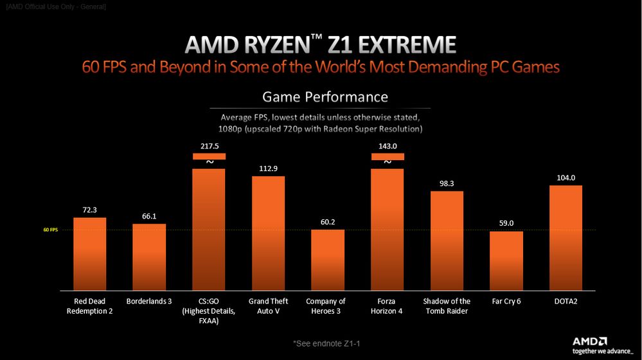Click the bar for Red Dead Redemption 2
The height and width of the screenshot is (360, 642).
[89, 253]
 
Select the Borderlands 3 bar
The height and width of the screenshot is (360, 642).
[149, 256]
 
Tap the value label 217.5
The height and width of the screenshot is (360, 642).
[209, 147]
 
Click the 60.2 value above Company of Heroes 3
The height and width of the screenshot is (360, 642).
[328, 222]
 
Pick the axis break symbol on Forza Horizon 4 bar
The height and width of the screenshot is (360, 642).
[388, 162]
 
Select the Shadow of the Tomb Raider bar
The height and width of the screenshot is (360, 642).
[447, 240]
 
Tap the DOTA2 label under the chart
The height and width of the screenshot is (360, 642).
[566, 301]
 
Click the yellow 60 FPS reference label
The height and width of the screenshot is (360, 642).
[50, 230]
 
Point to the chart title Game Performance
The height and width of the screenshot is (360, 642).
[325, 97]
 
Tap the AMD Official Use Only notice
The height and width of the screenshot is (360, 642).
[55, 6]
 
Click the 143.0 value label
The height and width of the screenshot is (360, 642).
[388, 147]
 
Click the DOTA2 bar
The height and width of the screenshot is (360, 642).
[566, 237]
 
